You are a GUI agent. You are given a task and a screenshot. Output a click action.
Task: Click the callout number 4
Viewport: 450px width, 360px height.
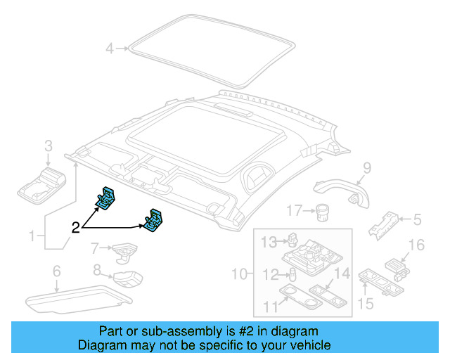tap(109, 49)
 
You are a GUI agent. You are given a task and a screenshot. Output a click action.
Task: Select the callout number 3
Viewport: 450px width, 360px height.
tap(49, 146)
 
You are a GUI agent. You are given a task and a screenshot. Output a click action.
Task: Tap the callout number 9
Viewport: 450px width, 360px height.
tap(366, 167)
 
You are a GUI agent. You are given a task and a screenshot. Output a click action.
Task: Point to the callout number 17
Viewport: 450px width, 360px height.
tap(294, 210)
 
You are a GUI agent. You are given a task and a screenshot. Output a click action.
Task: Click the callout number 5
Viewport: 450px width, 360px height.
tap(417, 220)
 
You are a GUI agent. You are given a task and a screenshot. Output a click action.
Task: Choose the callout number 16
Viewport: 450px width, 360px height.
tap(417, 245)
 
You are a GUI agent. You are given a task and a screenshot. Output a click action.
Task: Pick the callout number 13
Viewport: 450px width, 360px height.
tap(269, 243)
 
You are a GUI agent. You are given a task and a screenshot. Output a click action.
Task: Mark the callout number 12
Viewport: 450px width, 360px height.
tap(270, 274)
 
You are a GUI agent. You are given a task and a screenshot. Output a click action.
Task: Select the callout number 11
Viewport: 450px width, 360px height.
tap(269, 306)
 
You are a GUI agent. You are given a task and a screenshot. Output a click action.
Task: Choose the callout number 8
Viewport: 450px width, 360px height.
tap(98, 269)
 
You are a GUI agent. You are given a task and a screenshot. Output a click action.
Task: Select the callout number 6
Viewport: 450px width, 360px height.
tap(56, 271)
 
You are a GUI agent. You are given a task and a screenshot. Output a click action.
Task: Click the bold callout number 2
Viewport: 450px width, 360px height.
tap(75, 228)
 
